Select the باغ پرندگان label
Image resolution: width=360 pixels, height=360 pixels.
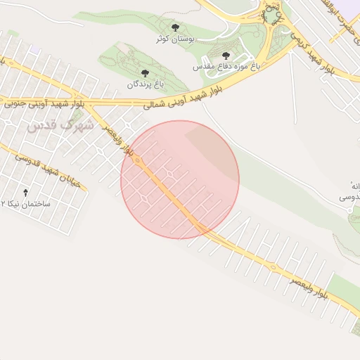coord(145,84)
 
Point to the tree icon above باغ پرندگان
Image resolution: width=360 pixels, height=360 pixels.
coord(145,73)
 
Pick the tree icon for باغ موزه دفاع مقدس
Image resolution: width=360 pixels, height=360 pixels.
coord(226,56)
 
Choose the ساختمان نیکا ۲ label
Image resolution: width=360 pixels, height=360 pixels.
coord(27,203)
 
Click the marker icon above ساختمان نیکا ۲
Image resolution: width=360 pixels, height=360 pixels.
coord(27,192)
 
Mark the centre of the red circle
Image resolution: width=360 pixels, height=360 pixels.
coord(180,180)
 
